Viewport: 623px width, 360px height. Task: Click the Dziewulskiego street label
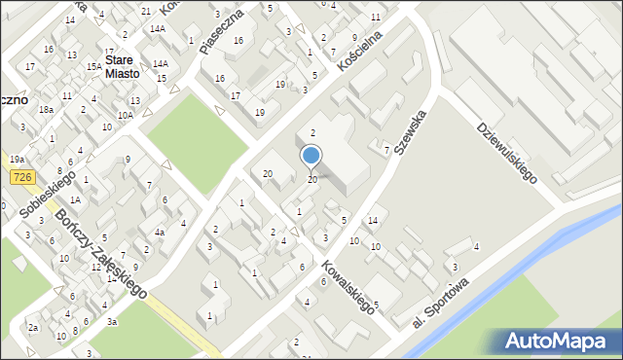tap(507, 152)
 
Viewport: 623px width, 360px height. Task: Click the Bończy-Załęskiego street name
tap(100, 254)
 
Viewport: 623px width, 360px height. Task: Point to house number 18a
tap(46, 110)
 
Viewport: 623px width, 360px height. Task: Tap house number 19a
tap(17, 159)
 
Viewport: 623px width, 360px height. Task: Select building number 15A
tap(93, 66)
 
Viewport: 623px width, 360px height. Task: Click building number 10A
tap(126, 115)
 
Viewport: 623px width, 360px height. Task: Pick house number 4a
tap(160, 232)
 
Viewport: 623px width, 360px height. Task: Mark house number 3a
tap(112, 321)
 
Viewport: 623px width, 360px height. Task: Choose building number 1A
tap(74, 198)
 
